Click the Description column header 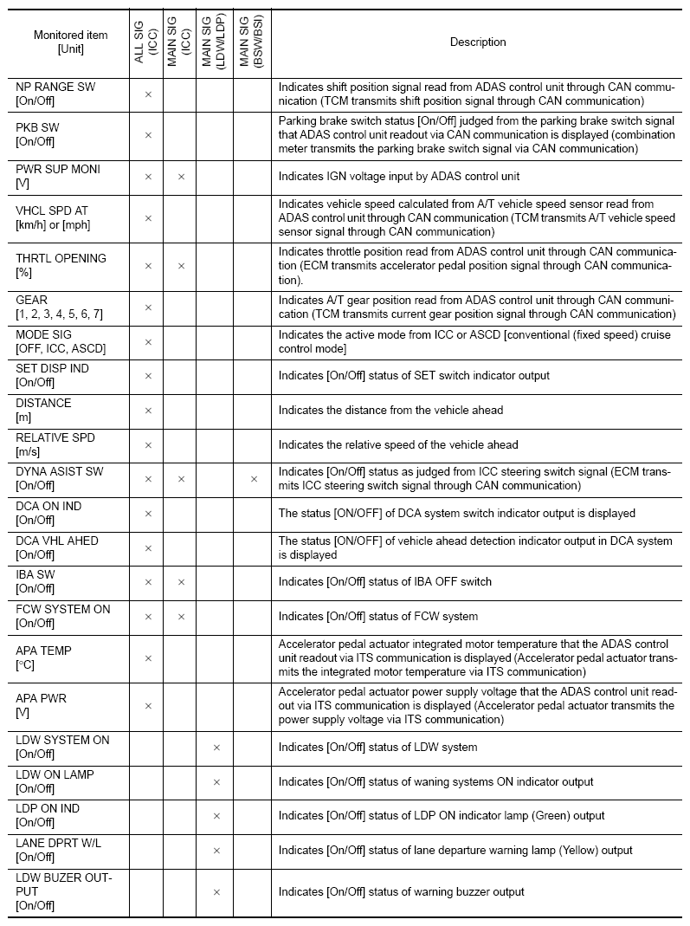pyautogui.click(x=478, y=42)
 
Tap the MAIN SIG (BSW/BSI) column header pyautogui.click(x=252, y=42)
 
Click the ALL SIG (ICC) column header pyautogui.click(x=147, y=42)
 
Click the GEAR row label pyautogui.click(x=31, y=301)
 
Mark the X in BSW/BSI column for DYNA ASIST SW pyautogui.click(x=254, y=479)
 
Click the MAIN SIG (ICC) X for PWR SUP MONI pyautogui.click(x=181, y=177)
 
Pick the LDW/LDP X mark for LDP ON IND pyautogui.click(x=216, y=816)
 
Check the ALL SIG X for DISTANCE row pyautogui.click(x=148, y=411)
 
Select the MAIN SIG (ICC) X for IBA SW pyautogui.click(x=181, y=582)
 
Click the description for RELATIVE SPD pyautogui.click(x=398, y=445)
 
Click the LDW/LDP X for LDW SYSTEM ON pyautogui.click(x=216, y=748)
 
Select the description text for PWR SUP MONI pyautogui.click(x=398, y=177)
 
